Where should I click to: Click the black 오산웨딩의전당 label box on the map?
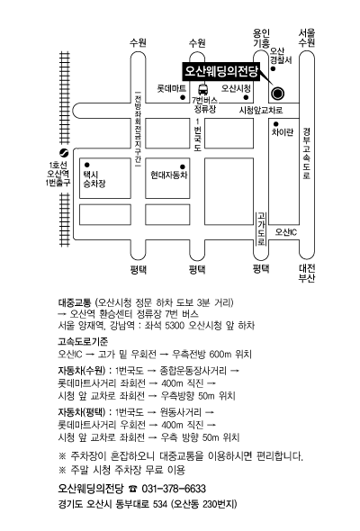(x=221, y=71)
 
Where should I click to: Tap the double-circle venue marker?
(x=278, y=93)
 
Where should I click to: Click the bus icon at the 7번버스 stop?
(x=203, y=89)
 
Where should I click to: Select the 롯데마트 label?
(x=171, y=88)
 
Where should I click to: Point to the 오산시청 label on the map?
(x=236, y=88)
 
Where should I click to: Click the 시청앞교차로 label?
(x=261, y=110)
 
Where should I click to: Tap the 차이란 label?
(x=283, y=131)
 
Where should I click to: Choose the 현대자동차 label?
(x=169, y=175)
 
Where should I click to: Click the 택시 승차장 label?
(x=94, y=179)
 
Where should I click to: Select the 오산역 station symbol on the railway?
(x=64, y=153)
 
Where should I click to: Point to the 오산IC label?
(x=286, y=232)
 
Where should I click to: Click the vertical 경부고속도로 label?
(x=307, y=153)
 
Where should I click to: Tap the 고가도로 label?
(x=261, y=229)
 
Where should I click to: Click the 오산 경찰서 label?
(x=281, y=56)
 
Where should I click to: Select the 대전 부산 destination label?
(x=307, y=273)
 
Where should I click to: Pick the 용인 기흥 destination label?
(x=261, y=38)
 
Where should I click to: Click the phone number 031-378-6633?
(x=174, y=489)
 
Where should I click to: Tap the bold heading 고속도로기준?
(x=83, y=341)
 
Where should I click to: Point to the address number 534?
(x=160, y=504)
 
